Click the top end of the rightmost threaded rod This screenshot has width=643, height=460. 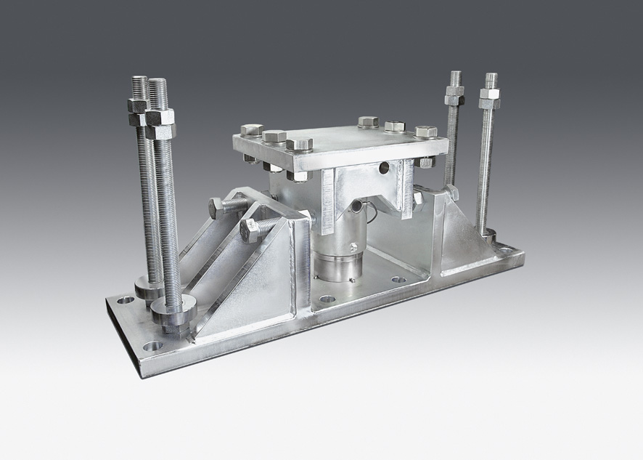point(491,76)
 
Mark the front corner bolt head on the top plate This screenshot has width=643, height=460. point(299,144)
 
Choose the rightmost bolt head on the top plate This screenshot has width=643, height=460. point(426,132)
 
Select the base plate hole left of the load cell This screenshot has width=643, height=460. point(327,299)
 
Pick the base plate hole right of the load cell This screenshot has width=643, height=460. point(398,279)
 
